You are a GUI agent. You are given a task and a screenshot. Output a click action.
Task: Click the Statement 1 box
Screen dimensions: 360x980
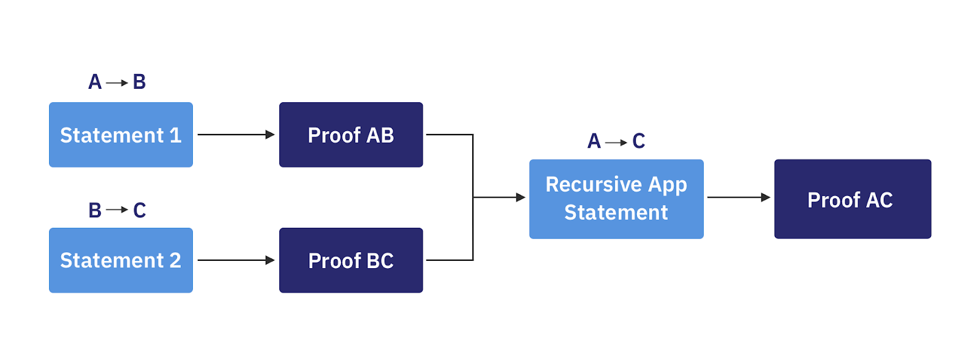tap(121, 135)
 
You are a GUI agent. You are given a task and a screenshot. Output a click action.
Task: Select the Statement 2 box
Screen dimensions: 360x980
tap(121, 260)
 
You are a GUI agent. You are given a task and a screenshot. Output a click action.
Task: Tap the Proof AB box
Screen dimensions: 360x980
tap(351, 135)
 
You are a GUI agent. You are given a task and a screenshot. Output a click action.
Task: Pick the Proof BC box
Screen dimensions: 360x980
tap(351, 260)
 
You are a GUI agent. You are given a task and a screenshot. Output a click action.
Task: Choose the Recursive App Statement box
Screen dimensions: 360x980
tap(616, 199)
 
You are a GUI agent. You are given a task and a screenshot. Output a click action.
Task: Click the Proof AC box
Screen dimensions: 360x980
tap(853, 199)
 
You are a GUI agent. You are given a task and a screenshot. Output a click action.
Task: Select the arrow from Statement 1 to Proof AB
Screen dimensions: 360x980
tap(236, 135)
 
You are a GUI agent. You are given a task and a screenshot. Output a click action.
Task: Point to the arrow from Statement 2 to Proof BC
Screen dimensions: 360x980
tap(236, 260)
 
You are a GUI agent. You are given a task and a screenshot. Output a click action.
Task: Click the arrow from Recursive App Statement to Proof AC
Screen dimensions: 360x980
tap(738, 197)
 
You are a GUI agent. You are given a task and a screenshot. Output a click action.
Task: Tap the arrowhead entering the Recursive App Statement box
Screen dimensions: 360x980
tap(521, 197)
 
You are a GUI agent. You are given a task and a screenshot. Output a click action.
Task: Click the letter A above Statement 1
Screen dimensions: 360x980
tap(95, 82)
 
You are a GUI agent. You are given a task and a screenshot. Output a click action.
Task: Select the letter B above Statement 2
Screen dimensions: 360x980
tap(95, 211)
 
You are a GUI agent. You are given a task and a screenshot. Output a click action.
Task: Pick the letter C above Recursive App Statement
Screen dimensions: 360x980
tap(639, 141)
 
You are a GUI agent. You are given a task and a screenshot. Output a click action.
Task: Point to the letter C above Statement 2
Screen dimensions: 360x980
tap(140, 211)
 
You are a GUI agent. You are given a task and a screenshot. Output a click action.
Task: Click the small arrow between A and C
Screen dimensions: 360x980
tap(616, 143)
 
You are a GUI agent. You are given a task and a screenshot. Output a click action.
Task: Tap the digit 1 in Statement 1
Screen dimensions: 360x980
tap(176, 135)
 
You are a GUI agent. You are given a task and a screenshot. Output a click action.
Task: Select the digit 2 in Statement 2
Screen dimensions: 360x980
tap(175, 261)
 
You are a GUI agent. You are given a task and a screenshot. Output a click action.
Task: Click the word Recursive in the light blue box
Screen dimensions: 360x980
tap(594, 184)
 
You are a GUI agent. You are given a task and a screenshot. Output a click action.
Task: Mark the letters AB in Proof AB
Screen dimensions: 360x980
tap(380, 135)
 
